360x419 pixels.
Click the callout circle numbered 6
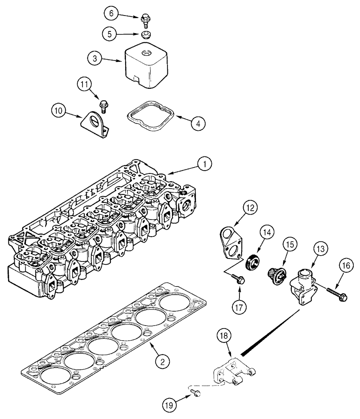(x=111, y=13)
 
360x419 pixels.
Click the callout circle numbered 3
(x=95, y=59)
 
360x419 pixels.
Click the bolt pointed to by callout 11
(x=102, y=103)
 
